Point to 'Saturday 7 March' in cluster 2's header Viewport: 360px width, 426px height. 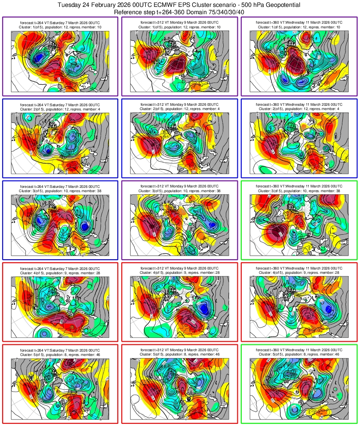click(71, 104)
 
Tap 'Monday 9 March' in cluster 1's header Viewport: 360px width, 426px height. click(190, 22)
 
